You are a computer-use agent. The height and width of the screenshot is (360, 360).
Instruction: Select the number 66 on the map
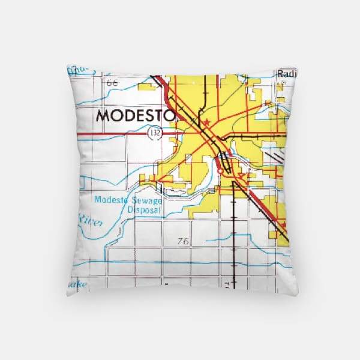[112, 83]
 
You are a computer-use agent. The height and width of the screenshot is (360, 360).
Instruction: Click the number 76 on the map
[184, 241]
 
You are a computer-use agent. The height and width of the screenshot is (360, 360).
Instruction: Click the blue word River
[90, 223]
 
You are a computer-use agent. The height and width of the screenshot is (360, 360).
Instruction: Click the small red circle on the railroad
[220, 171]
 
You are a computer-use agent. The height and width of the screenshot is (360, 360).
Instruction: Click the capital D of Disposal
[129, 211]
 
